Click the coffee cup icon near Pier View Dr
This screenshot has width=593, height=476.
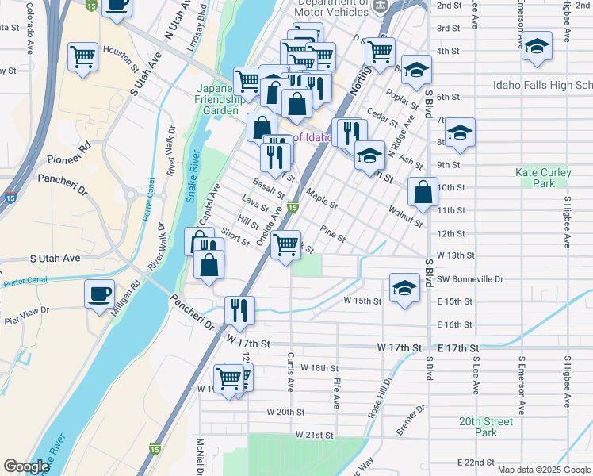click(x=100, y=294)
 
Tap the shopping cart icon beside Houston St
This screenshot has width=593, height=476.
click(x=82, y=57)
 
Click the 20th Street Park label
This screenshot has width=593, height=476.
click(x=485, y=427)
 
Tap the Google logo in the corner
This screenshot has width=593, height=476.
click(x=26, y=466)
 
